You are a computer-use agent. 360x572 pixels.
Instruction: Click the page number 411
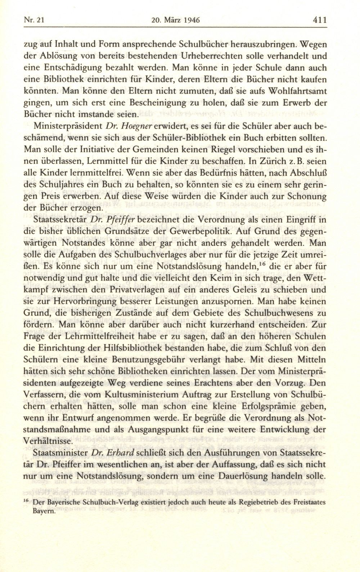coord(319,20)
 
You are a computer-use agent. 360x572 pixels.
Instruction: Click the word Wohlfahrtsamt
coord(295,91)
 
